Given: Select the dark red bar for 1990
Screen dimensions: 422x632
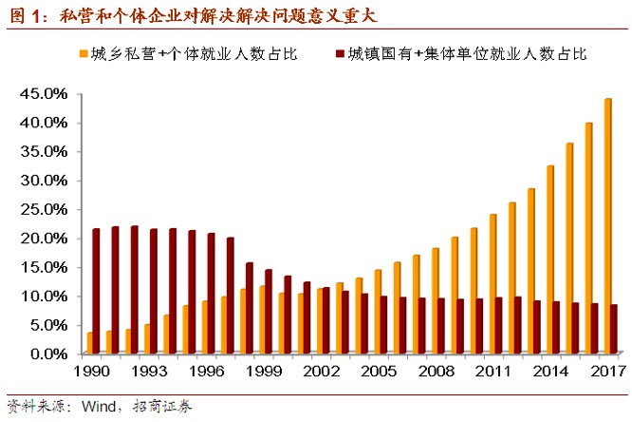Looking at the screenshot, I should (96, 291).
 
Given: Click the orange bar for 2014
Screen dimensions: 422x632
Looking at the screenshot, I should (550, 259).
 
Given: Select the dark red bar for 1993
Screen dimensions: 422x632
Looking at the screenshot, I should (154, 291).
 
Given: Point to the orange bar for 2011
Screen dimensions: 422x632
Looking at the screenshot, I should (493, 284).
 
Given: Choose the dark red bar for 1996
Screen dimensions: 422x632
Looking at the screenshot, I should (211, 293).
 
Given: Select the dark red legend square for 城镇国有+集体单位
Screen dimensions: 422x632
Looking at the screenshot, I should (339, 54).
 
